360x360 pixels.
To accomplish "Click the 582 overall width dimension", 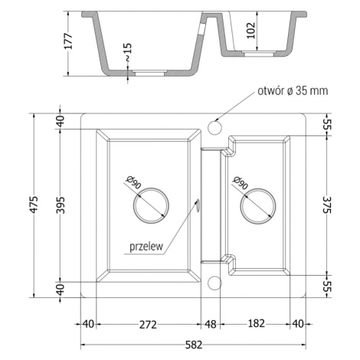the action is click(x=193, y=345).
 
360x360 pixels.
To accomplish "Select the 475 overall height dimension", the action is click(x=34, y=205).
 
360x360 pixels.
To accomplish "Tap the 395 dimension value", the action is click(x=61, y=205).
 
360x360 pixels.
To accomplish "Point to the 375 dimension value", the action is click(x=326, y=205).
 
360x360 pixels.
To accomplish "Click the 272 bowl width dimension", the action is click(x=148, y=325).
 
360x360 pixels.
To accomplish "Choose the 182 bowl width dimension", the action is click(x=256, y=323).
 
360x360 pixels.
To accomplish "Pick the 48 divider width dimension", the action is click(x=211, y=325).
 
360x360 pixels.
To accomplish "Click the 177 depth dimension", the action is click(x=68, y=41).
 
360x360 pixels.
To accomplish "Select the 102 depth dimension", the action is click(x=251, y=31).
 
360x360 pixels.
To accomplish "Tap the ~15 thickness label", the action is click(x=128, y=52).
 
